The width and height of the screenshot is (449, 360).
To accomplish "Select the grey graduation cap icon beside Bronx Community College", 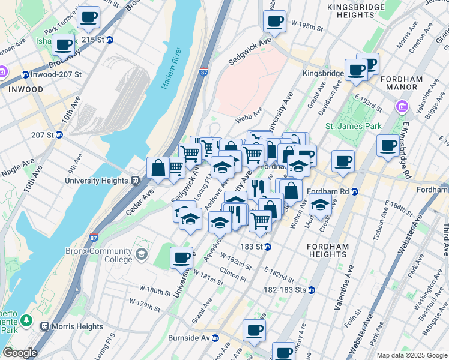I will [141, 255].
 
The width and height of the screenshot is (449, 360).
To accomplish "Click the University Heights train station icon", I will [136, 179].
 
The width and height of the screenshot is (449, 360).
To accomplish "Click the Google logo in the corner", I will [20, 353].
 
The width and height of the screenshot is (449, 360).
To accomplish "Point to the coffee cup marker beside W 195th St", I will [274, 21].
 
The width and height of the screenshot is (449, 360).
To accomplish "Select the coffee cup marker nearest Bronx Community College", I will [181, 258].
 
